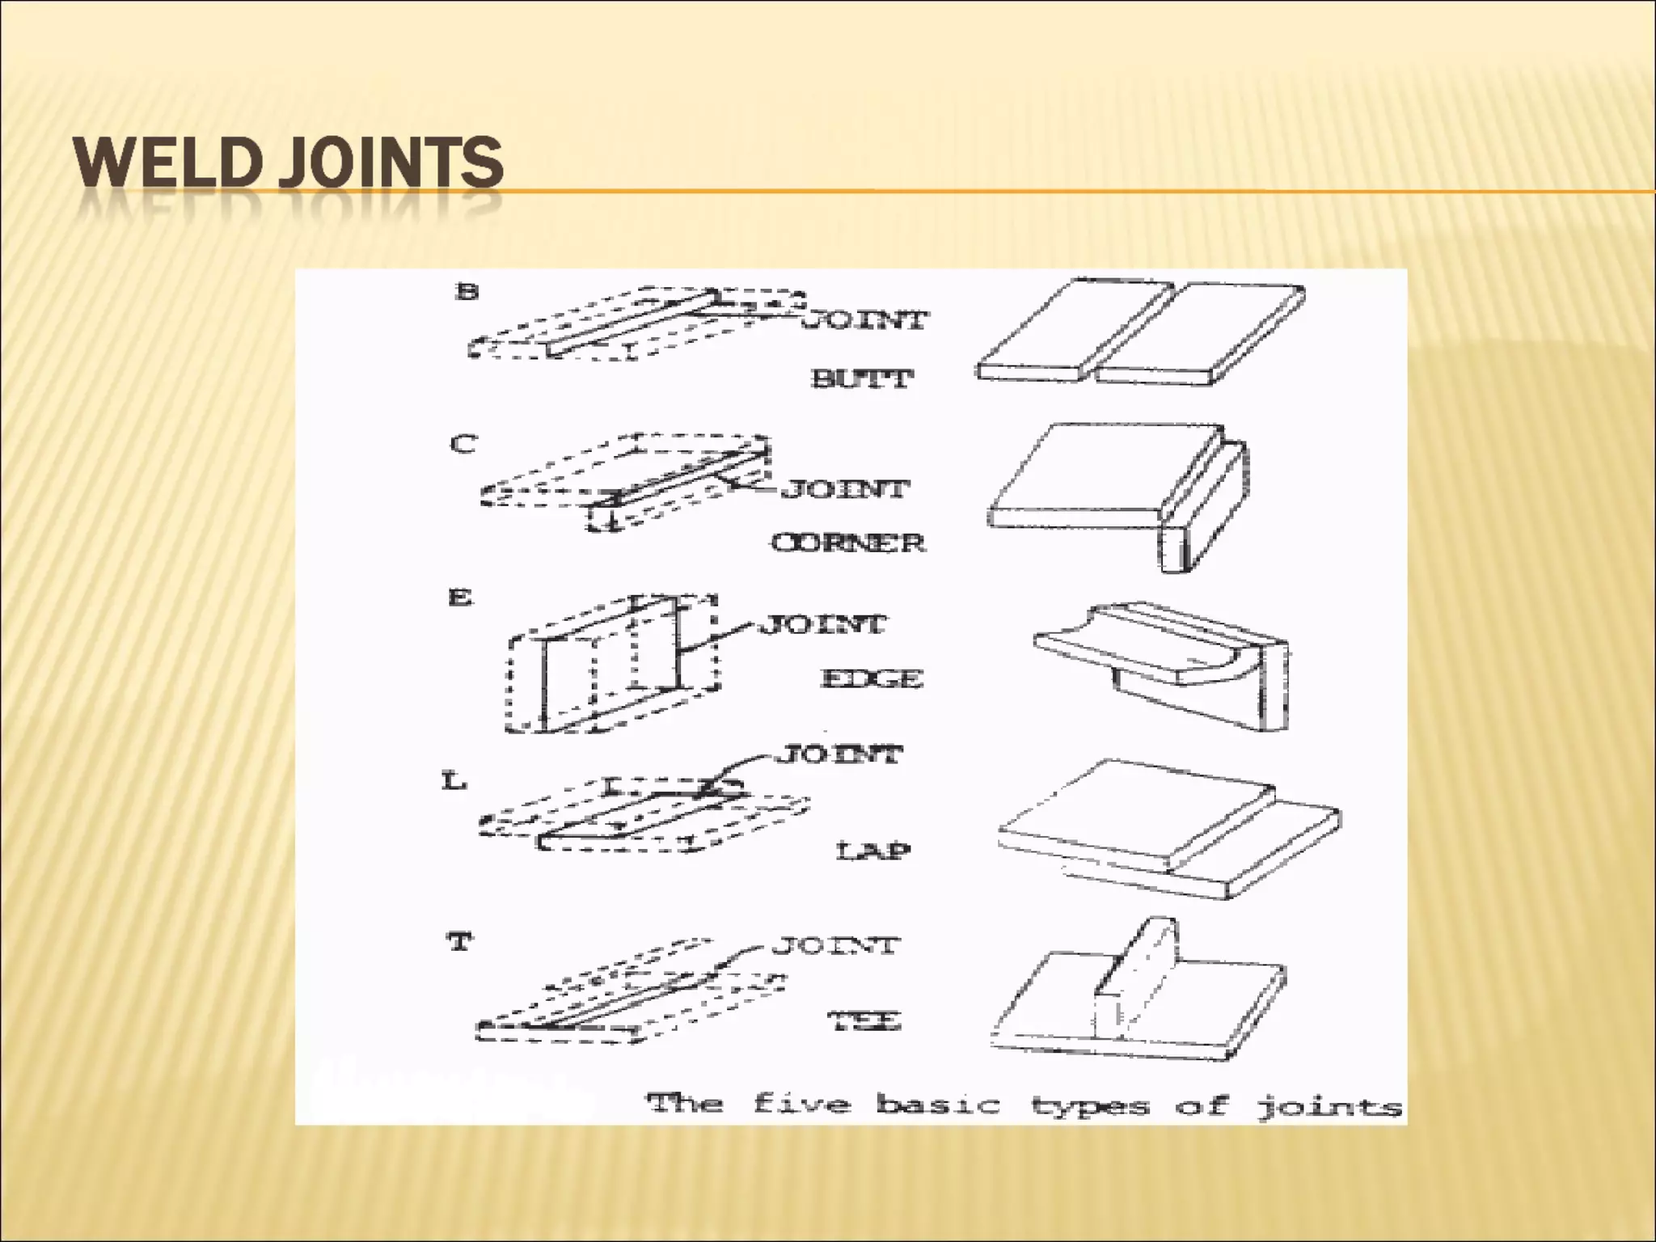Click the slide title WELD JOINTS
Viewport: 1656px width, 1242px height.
288,163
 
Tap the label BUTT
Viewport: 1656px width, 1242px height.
862,378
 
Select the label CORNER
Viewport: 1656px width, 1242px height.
847,542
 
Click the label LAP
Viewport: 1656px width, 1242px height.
872,850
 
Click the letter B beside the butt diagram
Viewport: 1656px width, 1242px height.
467,291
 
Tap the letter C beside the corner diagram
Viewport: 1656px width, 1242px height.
463,444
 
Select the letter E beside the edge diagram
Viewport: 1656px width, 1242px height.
459,598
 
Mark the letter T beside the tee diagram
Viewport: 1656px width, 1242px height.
459,942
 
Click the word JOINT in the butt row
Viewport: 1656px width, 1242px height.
866,320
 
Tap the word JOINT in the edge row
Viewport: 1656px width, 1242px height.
823,624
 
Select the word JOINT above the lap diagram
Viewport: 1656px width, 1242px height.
839,754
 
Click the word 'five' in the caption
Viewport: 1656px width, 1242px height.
801,1103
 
